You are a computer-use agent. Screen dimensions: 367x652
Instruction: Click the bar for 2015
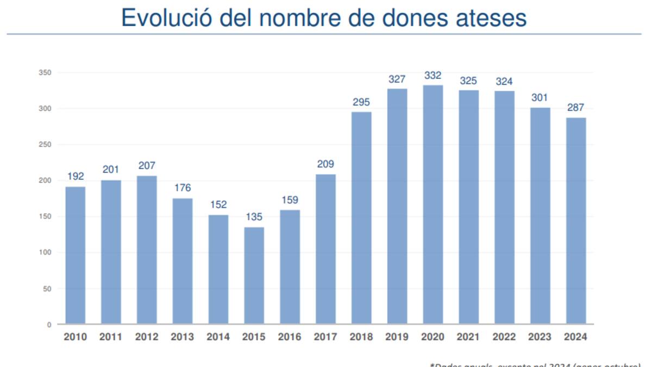tap(254, 276)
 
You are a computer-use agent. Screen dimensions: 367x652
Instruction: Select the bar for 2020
tap(432, 204)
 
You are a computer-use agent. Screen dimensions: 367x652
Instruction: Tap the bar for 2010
tap(75, 256)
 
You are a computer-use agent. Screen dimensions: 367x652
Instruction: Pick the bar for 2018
tap(361, 218)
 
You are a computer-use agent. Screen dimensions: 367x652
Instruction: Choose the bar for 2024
tap(576, 221)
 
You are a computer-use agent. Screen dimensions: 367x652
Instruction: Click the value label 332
tap(432, 76)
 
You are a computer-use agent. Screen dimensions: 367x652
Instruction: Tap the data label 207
tap(147, 166)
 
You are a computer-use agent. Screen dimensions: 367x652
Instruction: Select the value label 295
tap(361, 102)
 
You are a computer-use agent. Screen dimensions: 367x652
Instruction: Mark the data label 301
tap(540, 98)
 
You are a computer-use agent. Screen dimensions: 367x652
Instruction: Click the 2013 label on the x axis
tap(183, 337)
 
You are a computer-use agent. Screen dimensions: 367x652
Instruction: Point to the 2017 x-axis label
tap(325, 337)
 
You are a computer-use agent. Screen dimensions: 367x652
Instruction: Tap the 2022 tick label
tap(504, 337)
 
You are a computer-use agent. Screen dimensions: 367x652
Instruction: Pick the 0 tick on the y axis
tap(49, 325)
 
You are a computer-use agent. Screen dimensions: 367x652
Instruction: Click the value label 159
tap(290, 200)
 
